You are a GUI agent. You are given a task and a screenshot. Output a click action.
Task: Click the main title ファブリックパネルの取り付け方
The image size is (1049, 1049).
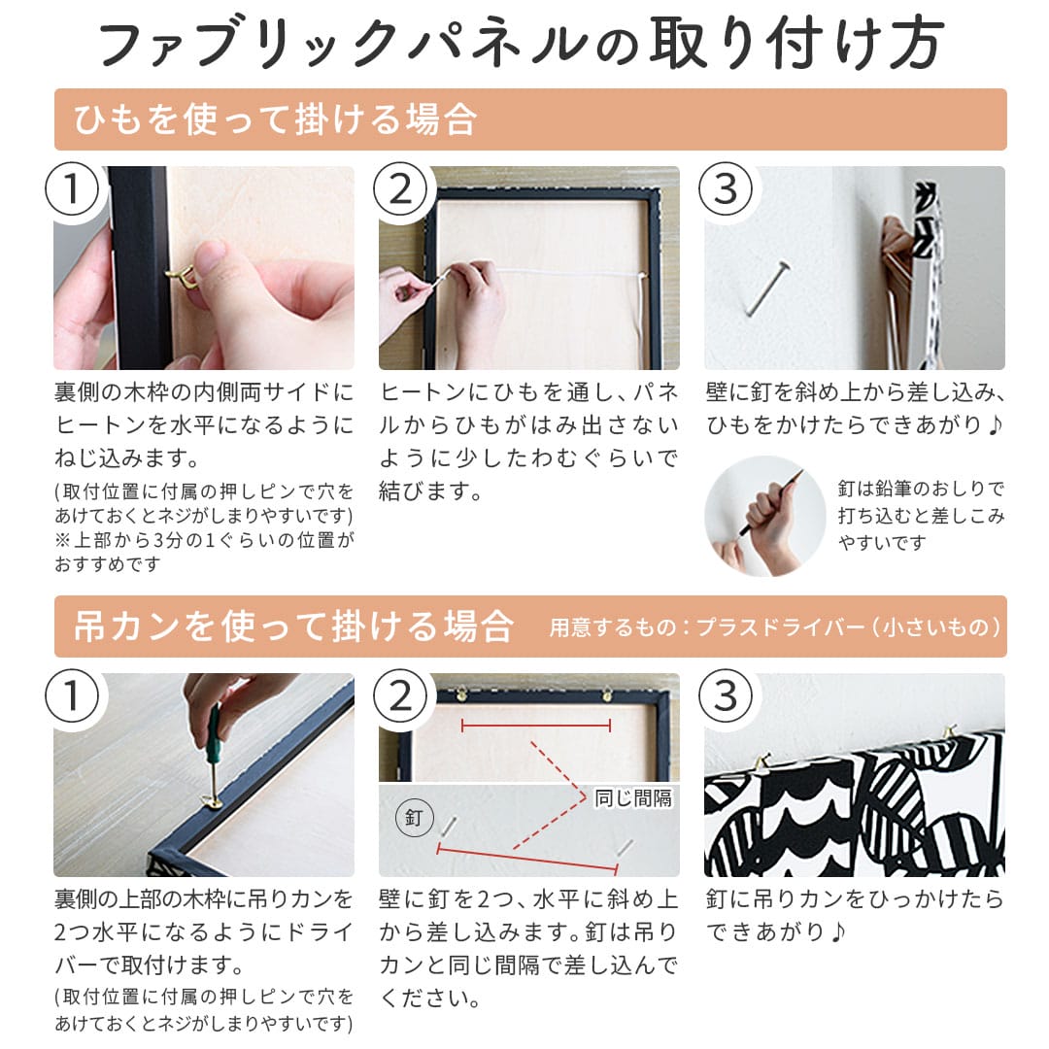(x=522, y=45)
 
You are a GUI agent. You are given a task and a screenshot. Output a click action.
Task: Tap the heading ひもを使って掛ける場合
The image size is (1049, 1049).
(x=275, y=119)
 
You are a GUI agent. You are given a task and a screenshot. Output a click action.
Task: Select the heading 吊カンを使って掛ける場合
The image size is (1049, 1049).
(x=293, y=626)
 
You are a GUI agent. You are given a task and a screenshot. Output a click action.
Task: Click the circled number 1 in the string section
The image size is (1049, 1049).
(x=72, y=189)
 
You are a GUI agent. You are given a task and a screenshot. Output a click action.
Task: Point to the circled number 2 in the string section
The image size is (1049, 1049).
(x=399, y=189)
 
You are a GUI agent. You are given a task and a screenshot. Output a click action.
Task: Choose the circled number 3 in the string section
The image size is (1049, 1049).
(x=726, y=189)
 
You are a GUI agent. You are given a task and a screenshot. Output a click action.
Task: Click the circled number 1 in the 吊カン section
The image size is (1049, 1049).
(x=72, y=695)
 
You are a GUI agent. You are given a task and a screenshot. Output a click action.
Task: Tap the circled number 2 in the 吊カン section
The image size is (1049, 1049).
(x=399, y=695)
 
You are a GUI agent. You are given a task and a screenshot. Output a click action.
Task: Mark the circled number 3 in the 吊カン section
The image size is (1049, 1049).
(x=726, y=695)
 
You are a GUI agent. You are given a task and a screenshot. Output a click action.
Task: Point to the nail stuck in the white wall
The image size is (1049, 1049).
(x=767, y=288)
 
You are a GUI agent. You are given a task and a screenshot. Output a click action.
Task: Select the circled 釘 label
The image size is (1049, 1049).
(x=414, y=818)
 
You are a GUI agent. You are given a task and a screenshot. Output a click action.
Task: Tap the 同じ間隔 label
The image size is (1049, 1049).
(x=633, y=798)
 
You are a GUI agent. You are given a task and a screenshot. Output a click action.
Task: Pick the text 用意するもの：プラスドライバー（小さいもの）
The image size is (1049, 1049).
(x=775, y=627)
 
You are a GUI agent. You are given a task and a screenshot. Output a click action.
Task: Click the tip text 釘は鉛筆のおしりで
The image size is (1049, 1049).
(x=921, y=489)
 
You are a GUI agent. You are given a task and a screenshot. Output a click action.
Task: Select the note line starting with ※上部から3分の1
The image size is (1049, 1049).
(x=204, y=540)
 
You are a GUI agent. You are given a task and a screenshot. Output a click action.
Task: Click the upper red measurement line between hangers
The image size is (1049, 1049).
(x=536, y=726)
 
